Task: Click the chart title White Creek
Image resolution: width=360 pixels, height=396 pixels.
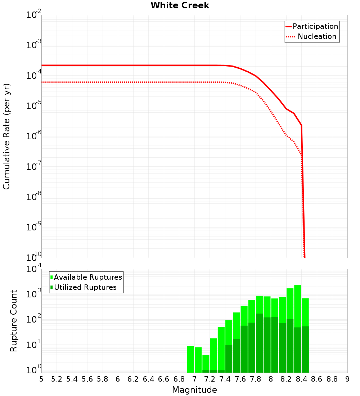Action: click(x=180, y=5)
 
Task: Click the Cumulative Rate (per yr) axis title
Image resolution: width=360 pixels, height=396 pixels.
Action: click(x=6, y=136)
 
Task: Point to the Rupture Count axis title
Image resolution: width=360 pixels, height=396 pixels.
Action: click(x=14, y=320)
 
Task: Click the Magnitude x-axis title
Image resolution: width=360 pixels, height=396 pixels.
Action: click(x=194, y=390)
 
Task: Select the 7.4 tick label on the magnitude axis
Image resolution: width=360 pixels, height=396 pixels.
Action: click(x=225, y=379)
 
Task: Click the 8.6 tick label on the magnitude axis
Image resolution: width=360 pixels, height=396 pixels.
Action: click(x=317, y=379)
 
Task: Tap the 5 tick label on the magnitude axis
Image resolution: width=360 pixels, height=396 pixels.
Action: click(x=41, y=379)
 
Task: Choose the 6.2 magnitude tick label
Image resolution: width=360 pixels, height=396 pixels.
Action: click(x=133, y=379)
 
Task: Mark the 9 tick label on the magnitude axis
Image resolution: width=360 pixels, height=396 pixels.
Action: click(x=347, y=379)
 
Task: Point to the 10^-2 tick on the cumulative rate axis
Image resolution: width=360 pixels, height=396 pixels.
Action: click(x=34, y=15)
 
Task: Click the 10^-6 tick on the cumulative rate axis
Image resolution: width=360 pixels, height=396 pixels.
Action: click(x=34, y=136)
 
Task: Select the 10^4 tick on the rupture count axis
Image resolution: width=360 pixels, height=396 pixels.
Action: click(x=34, y=269)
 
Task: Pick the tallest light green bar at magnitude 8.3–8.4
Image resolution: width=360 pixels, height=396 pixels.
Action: click(x=298, y=306)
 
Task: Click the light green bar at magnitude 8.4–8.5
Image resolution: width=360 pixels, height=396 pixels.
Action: click(x=305, y=312)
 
